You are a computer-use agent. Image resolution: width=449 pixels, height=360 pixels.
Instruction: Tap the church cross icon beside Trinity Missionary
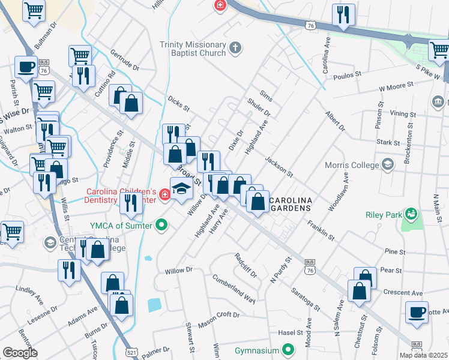(x=236, y=47)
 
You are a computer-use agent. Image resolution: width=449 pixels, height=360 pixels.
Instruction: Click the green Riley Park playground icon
(x=411, y=213)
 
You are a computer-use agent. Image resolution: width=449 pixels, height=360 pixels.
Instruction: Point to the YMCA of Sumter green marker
(x=161, y=226)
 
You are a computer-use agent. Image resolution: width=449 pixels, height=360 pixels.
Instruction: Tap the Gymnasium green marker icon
(x=288, y=350)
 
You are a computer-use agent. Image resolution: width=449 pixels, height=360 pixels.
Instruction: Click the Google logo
(x=20, y=352)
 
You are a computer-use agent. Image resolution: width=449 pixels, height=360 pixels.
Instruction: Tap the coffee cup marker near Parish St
(x=25, y=67)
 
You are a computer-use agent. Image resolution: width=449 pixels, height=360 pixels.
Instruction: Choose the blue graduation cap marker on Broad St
(x=181, y=189)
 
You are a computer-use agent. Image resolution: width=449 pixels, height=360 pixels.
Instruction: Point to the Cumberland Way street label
(x=234, y=289)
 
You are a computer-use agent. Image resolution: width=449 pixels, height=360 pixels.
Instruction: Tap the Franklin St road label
(x=320, y=230)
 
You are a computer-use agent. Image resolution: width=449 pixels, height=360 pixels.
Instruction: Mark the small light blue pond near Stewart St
(x=154, y=304)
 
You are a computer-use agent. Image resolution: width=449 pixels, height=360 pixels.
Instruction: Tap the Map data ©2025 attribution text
(x=424, y=355)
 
